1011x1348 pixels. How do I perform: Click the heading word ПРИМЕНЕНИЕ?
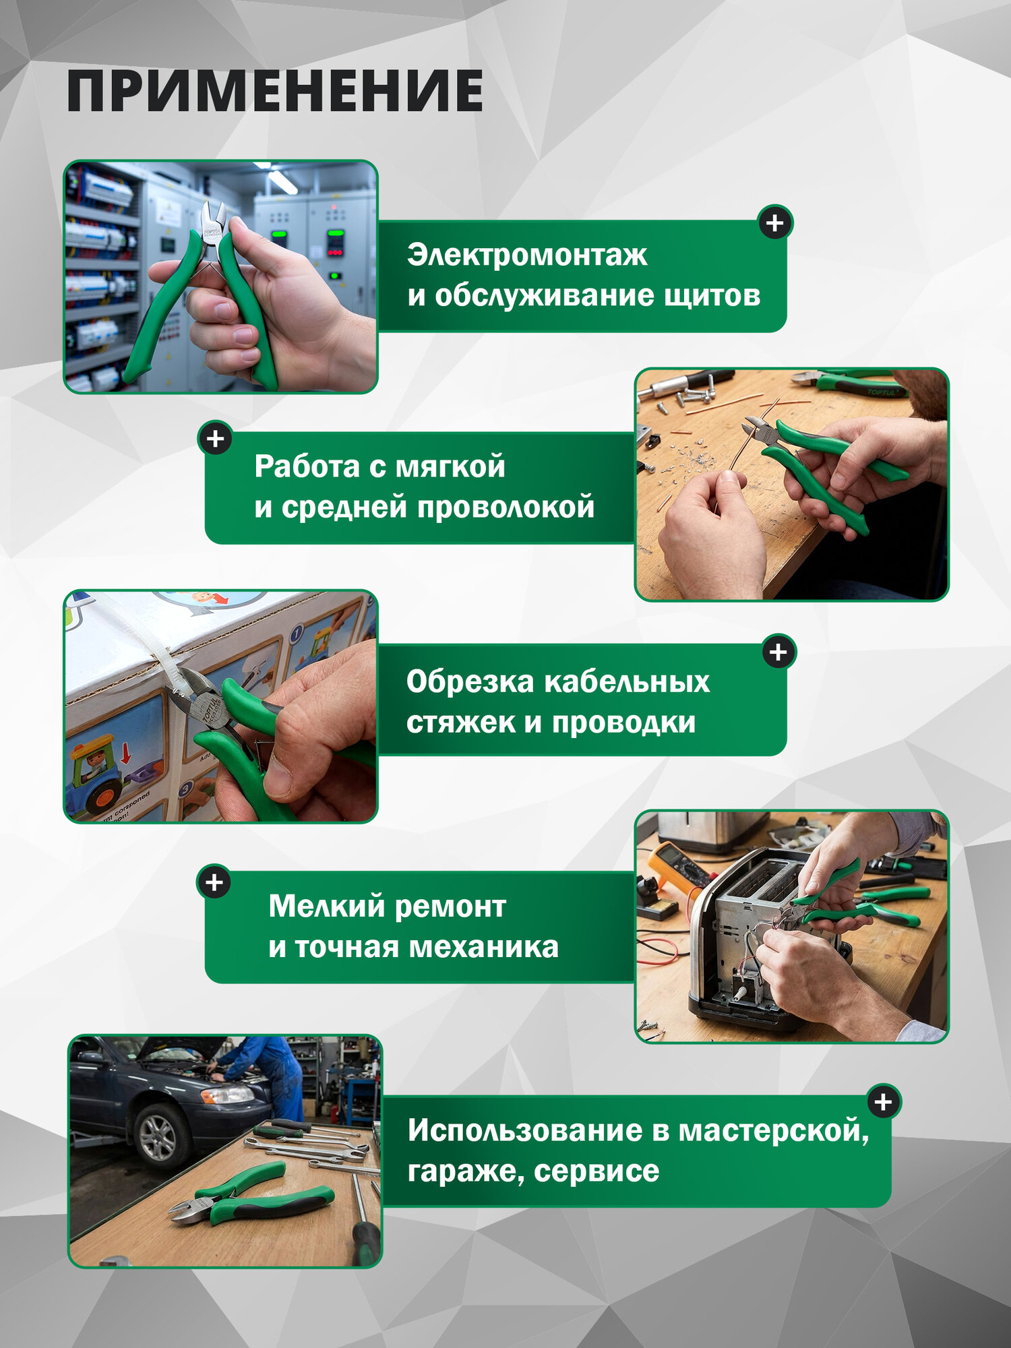(275, 90)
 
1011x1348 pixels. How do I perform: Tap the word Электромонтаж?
(527, 255)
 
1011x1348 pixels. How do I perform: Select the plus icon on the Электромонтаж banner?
(775, 222)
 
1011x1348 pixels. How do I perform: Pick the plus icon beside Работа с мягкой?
(216, 439)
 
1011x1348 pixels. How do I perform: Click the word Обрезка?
(470, 681)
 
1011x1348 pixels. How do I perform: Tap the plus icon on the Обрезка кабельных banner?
(778, 652)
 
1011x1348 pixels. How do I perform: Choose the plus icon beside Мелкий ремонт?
(214, 882)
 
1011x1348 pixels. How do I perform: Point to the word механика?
(484, 947)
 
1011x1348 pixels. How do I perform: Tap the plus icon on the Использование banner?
(883, 1102)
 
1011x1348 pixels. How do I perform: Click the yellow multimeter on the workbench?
(674, 866)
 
